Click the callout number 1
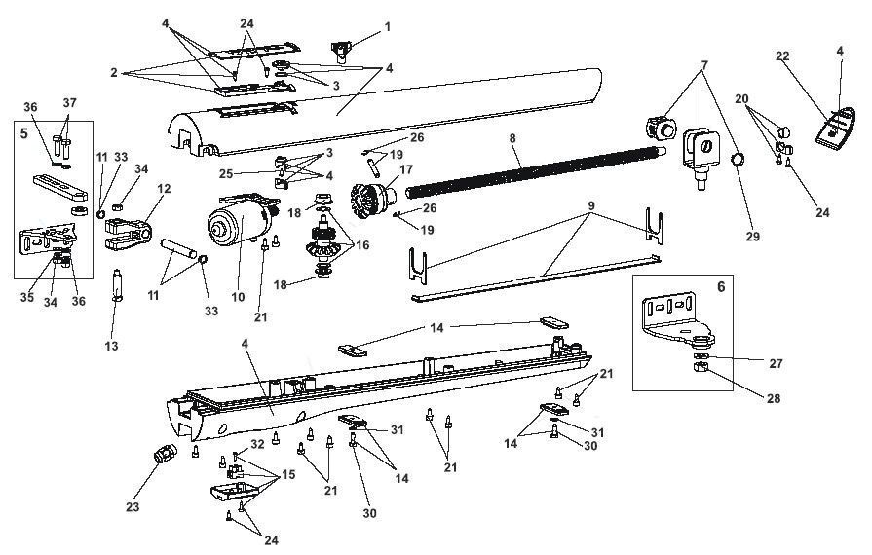click(x=387, y=26)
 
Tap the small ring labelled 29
click(x=739, y=159)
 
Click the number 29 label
click(x=751, y=237)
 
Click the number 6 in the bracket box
click(x=721, y=288)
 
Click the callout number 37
click(x=69, y=104)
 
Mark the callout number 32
click(x=257, y=444)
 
